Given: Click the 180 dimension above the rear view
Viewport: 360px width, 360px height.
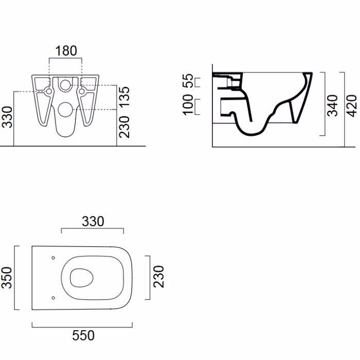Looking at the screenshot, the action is (66, 51).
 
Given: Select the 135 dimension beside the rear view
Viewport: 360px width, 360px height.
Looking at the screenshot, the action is (124, 97).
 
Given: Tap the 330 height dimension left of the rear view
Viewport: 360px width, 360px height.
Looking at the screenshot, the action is (7, 117).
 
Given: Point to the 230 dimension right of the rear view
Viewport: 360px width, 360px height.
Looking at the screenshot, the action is (124, 127).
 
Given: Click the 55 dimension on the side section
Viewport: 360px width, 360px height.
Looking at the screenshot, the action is (188, 81).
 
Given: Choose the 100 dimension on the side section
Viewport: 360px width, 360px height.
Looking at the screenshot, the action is (188, 104).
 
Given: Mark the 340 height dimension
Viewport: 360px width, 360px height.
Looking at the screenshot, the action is (332, 105).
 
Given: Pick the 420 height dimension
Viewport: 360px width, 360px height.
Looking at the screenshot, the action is (351, 106).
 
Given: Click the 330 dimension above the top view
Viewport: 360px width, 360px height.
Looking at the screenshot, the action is (93, 222).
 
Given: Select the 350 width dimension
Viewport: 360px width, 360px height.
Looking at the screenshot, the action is (7, 278).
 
